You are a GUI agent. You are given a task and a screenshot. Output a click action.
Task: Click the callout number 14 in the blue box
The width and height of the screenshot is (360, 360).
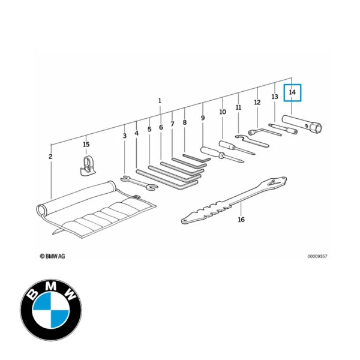click(292, 93)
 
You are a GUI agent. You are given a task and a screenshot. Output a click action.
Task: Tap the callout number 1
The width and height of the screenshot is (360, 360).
click(160, 100)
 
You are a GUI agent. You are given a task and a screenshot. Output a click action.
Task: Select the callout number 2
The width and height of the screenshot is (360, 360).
click(50, 157)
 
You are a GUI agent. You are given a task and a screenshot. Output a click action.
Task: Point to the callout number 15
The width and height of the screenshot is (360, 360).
click(86, 145)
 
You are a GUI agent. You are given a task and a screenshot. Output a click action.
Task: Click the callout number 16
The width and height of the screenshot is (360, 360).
click(241, 220)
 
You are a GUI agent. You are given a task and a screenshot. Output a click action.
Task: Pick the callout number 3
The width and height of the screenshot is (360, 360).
click(125, 136)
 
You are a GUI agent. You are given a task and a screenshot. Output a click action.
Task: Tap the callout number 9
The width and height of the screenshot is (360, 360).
click(203, 118)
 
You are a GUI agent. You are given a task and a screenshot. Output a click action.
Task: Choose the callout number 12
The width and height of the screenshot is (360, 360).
click(257, 103)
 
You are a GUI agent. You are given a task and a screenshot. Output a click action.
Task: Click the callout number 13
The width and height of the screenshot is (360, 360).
click(274, 97)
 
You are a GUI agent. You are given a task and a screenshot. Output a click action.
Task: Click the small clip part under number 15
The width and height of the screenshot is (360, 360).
click(87, 164)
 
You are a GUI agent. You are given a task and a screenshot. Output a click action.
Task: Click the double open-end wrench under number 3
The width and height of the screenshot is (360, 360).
click(139, 182)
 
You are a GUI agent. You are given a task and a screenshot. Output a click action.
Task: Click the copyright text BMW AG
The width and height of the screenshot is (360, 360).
click(53, 256)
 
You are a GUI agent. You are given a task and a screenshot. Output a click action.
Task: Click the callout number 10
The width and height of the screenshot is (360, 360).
click(223, 112)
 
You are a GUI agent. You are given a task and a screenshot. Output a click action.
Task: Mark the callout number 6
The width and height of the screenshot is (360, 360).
click(161, 128)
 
